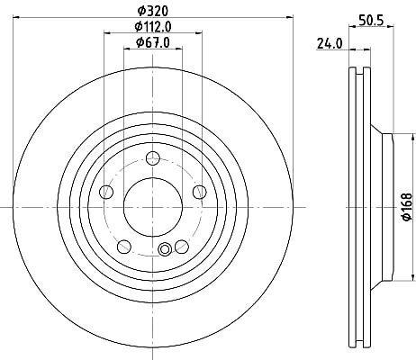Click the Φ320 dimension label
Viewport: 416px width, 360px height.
point(153,11)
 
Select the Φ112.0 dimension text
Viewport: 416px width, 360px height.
point(153,27)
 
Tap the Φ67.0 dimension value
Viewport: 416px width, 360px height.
point(153,42)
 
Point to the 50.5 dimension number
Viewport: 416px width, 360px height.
point(371,21)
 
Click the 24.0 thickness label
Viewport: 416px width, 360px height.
point(330,44)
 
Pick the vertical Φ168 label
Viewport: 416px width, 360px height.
point(407,207)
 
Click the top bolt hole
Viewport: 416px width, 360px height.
point(153,158)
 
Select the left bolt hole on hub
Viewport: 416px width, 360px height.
point(106,192)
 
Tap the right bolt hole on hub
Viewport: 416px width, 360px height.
point(200,192)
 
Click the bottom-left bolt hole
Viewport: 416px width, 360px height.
point(124,247)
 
